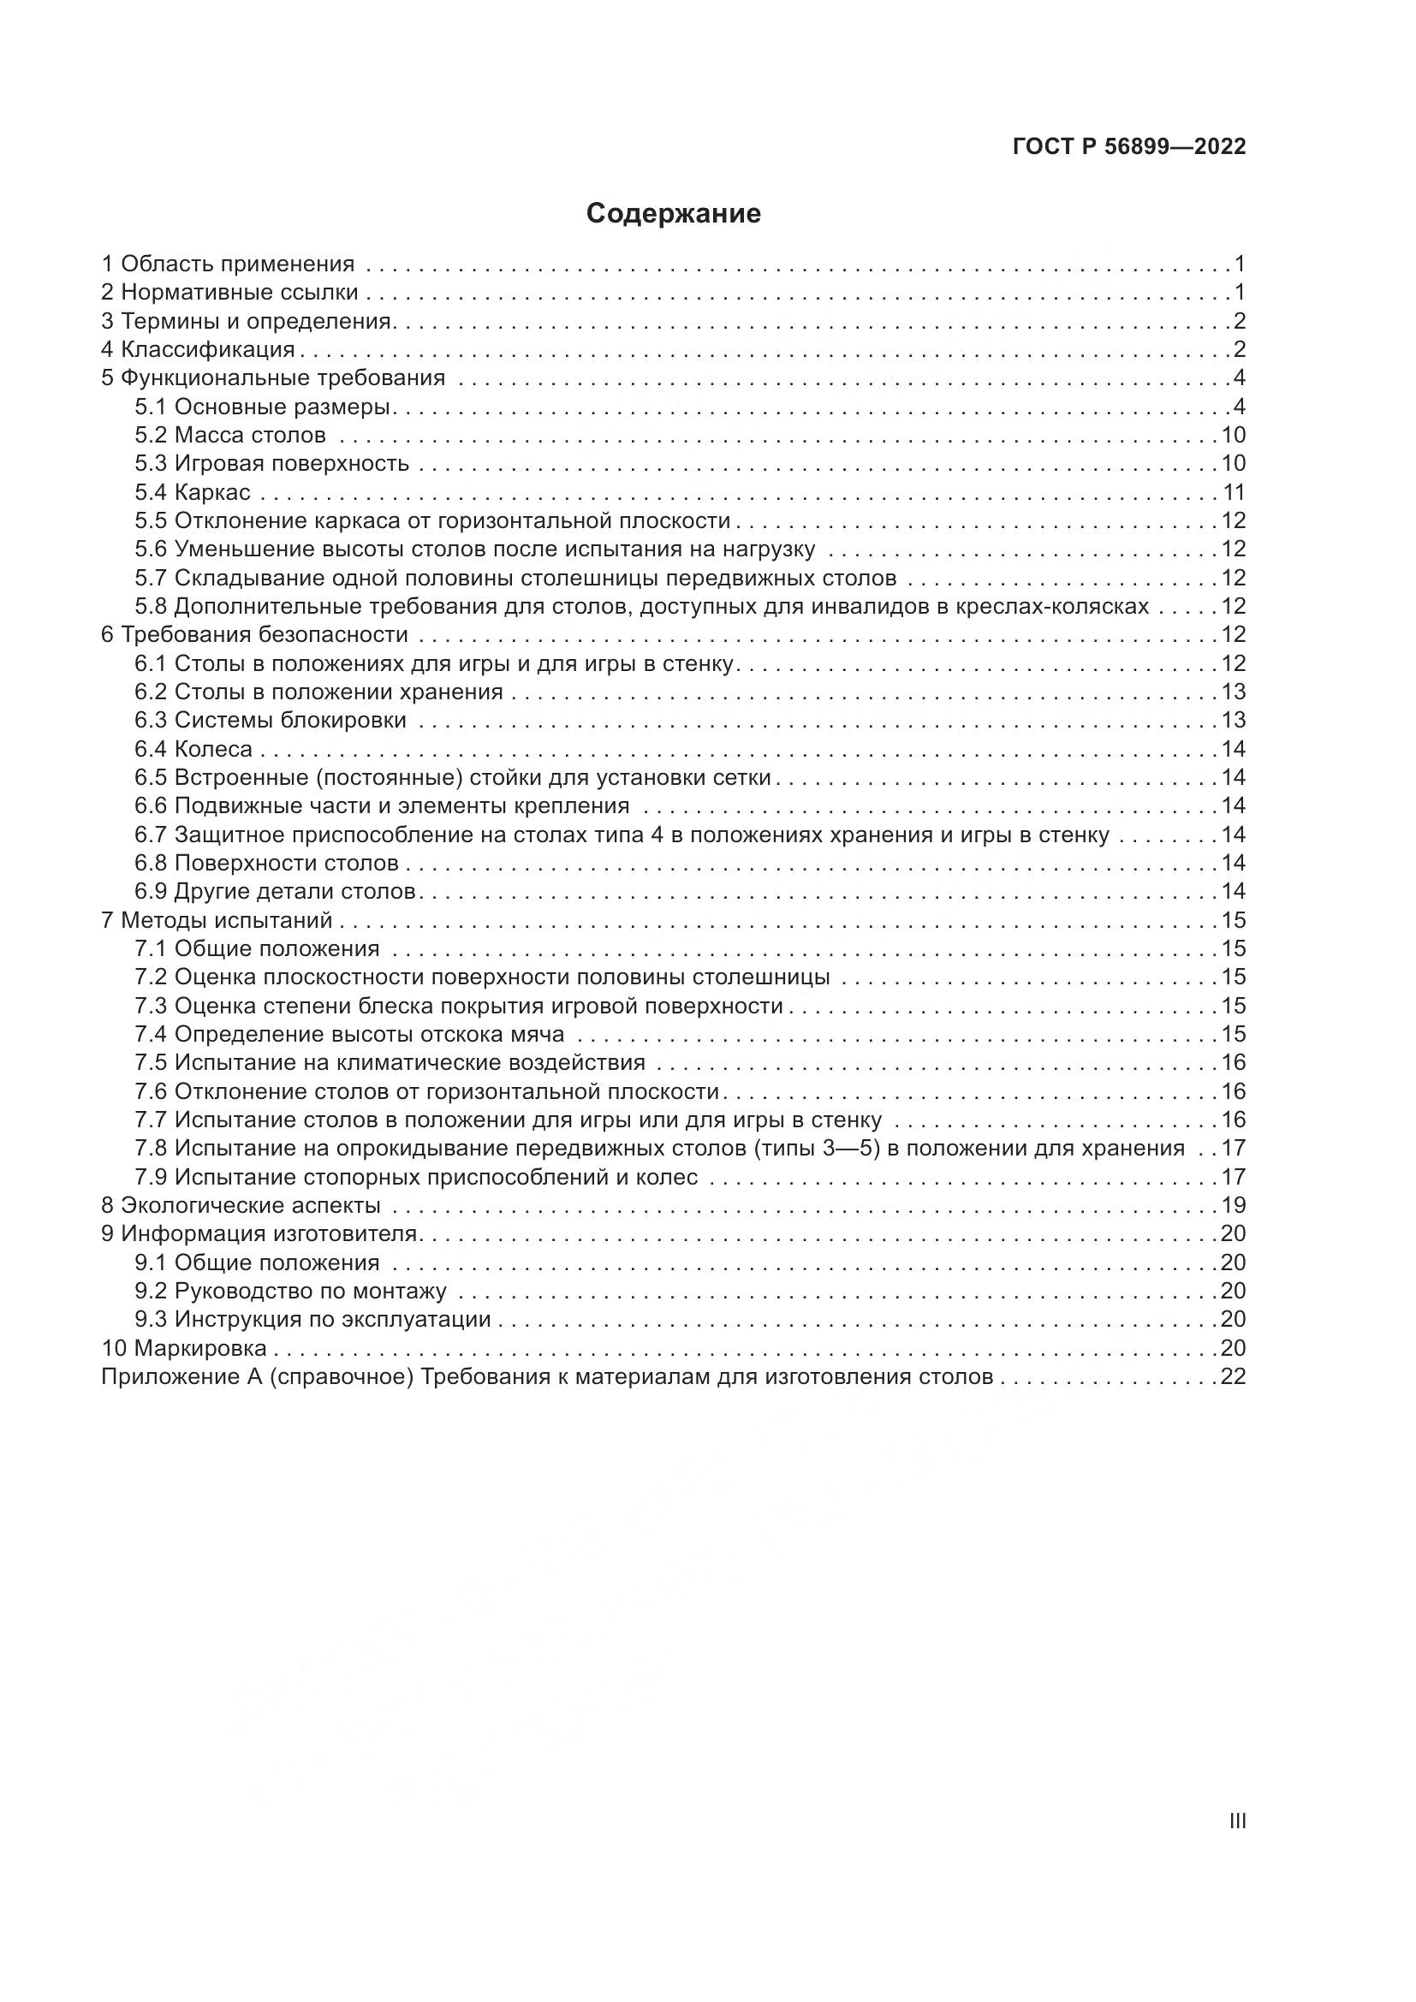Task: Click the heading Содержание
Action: (x=673, y=214)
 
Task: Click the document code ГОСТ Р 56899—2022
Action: (x=1129, y=147)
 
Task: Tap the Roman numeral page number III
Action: (x=1236, y=1821)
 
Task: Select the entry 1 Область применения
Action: (x=228, y=264)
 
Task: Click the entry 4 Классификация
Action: (x=198, y=350)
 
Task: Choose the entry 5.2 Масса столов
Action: (x=230, y=435)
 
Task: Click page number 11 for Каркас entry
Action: (x=1234, y=493)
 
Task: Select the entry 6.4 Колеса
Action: (x=193, y=749)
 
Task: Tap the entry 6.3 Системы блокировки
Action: (x=271, y=720)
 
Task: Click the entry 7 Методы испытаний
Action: (x=217, y=920)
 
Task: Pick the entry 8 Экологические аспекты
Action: (x=241, y=1206)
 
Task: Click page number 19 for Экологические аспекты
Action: (x=1234, y=1206)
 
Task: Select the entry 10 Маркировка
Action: (x=184, y=1348)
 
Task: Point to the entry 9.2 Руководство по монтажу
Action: (x=290, y=1291)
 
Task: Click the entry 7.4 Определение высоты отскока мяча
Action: (x=348, y=1034)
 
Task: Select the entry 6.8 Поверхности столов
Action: (x=266, y=864)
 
